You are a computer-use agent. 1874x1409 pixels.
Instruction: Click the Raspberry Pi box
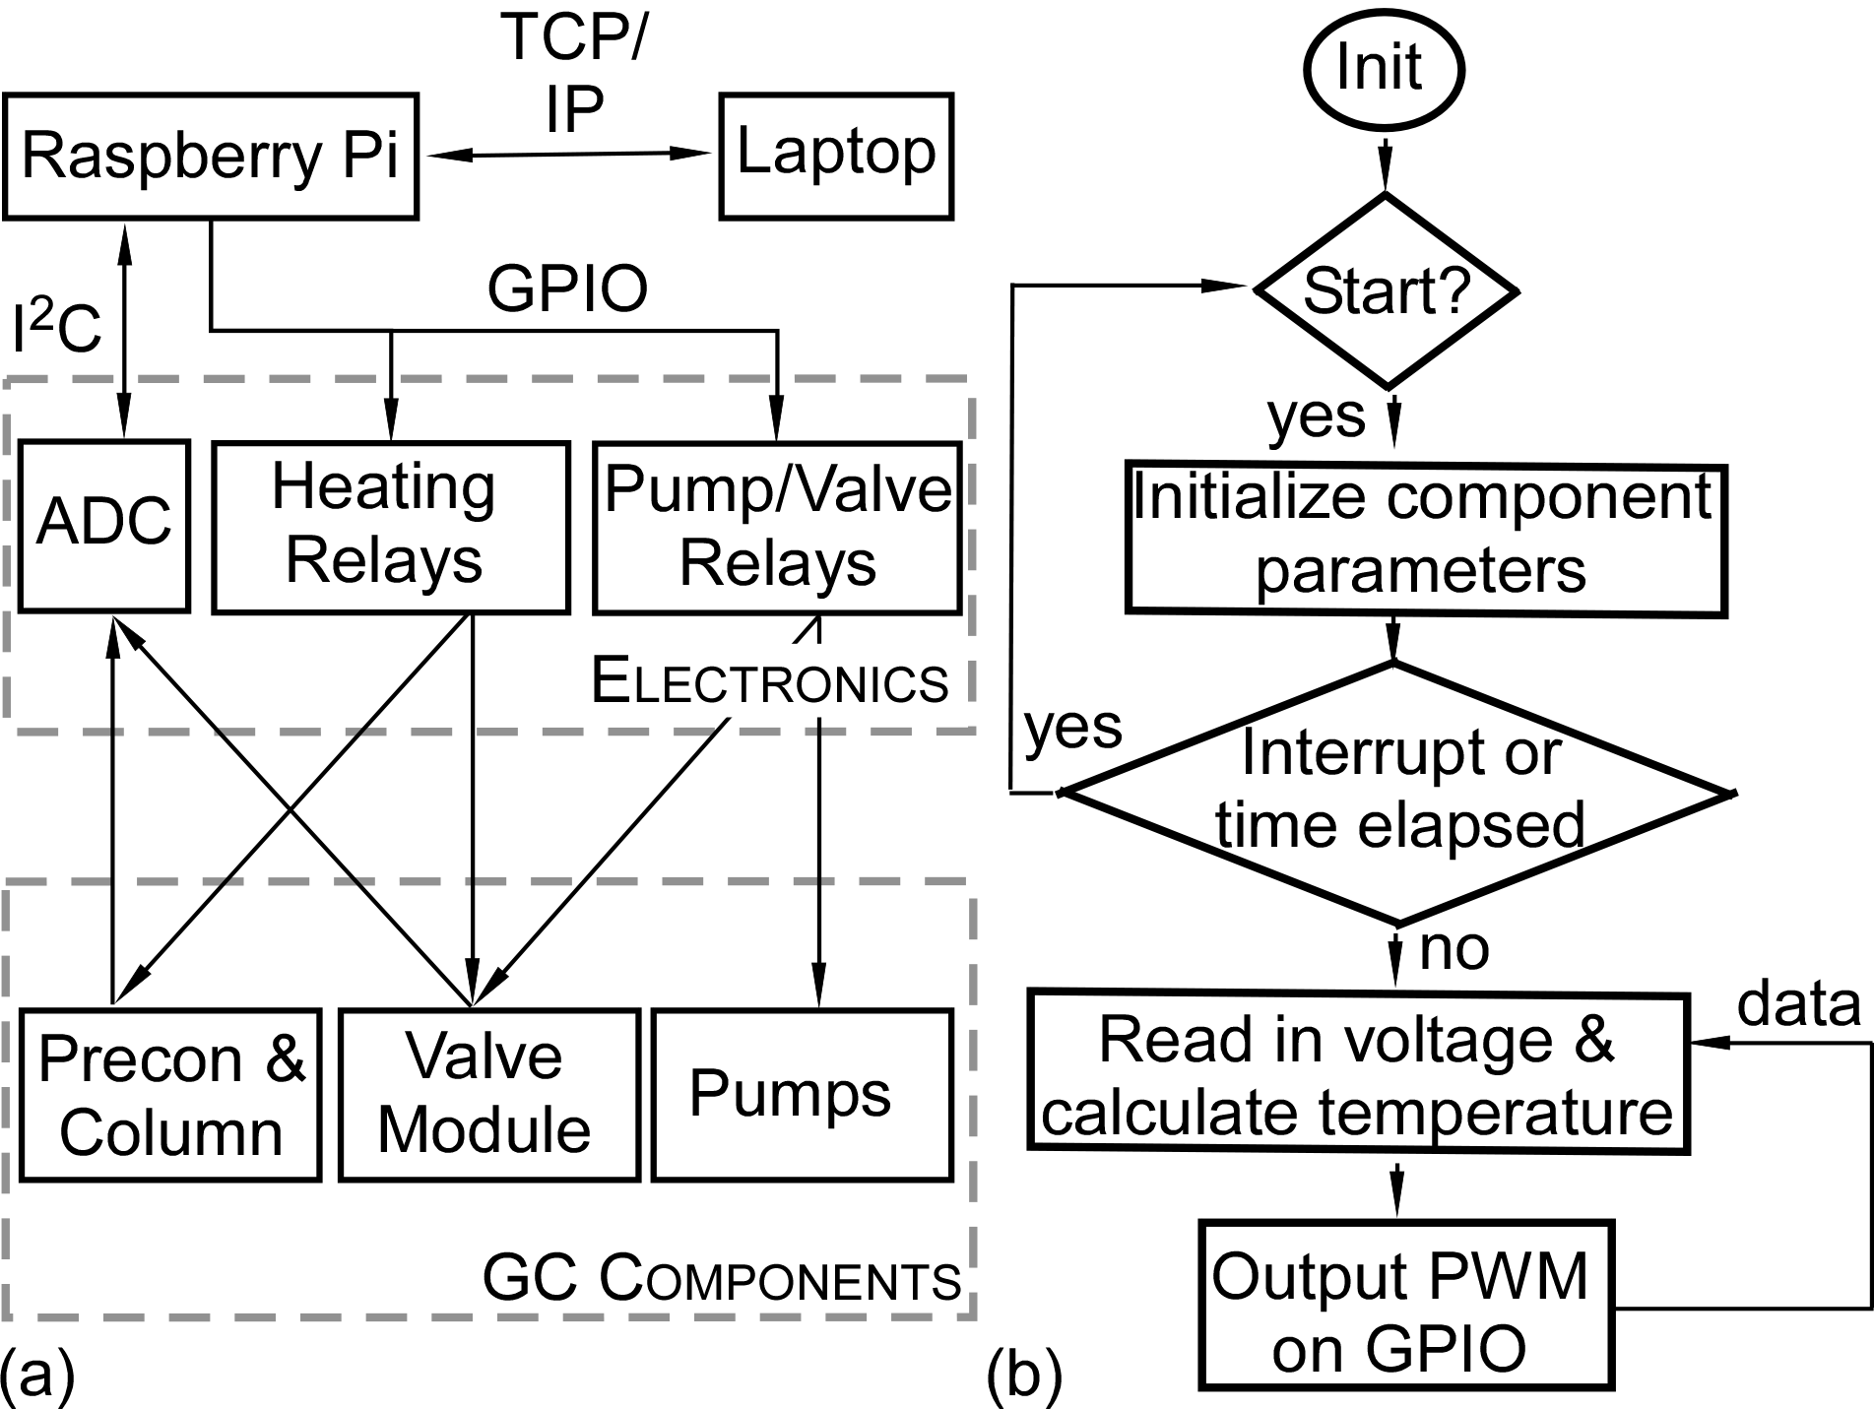[x=210, y=156]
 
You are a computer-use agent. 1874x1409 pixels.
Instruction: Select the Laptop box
[x=836, y=155]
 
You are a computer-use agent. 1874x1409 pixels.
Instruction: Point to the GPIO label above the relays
[x=568, y=288]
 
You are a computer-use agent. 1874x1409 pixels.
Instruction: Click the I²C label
[x=56, y=328]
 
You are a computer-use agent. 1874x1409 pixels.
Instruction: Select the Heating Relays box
[x=390, y=526]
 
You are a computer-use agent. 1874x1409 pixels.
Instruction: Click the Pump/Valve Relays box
[x=777, y=527]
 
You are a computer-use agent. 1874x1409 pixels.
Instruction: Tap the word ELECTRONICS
[x=770, y=681]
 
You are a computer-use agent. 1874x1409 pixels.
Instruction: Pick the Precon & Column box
[x=170, y=1094]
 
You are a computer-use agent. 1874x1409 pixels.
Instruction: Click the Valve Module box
[x=488, y=1094]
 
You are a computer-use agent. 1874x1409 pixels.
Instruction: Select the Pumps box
[x=802, y=1094]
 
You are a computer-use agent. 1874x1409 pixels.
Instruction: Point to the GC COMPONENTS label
[x=722, y=1279]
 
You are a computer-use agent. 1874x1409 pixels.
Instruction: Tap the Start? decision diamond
[x=1386, y=290]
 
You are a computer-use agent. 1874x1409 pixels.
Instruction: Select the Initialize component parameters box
[x=1425, y=540]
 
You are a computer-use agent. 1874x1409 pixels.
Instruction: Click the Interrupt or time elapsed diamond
[x=1398, y=793]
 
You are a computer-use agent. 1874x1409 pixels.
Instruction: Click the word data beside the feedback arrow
[x=1798, y=1004]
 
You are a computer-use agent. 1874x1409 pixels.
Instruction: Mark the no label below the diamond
[x=1454, y=947]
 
